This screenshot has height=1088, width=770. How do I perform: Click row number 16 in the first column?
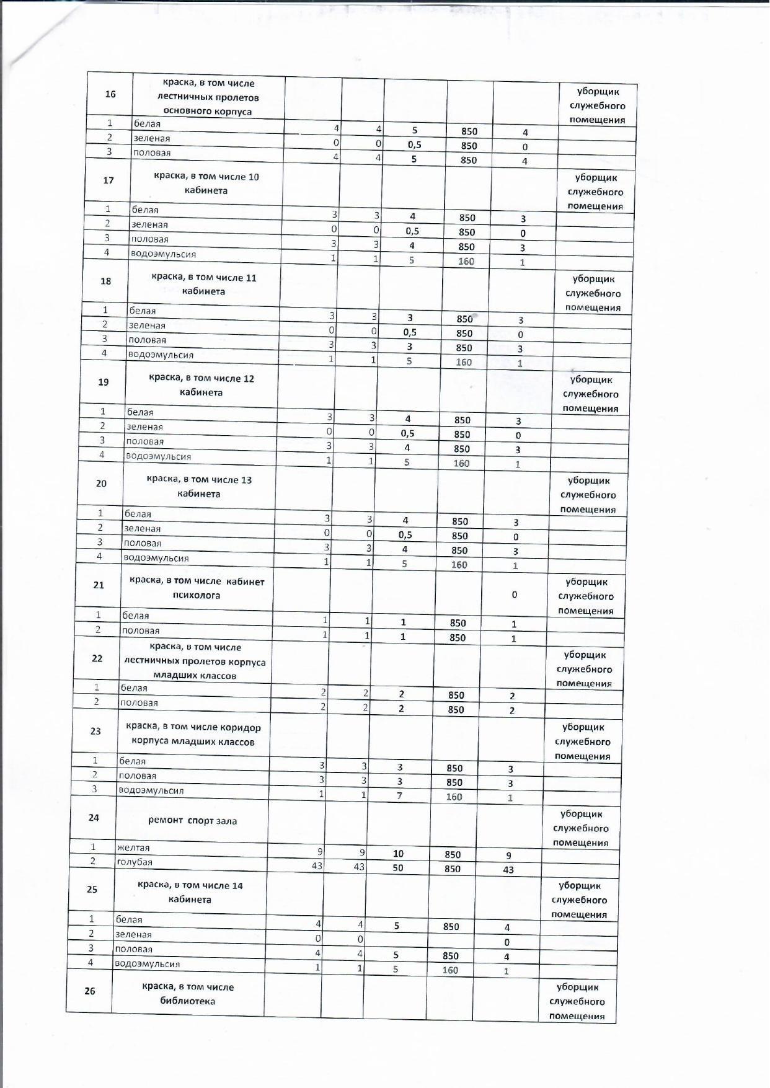(110, 94)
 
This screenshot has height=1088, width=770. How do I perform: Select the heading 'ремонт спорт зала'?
(193, 821)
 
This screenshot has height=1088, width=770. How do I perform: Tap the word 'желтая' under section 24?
(133, 847)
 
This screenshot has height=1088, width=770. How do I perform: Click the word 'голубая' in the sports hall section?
(135, 862)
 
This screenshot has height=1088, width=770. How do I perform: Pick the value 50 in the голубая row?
(398, 868)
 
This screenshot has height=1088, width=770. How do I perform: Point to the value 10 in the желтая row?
(399, 854)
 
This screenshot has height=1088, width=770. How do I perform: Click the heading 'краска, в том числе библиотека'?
(188, 994)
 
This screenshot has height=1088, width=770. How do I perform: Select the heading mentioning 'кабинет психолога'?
(197, 588)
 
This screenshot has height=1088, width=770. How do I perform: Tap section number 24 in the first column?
(94, 818)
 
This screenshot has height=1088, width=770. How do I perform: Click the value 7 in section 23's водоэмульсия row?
(400, 795)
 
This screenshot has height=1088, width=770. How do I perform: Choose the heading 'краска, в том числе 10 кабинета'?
(206, 184)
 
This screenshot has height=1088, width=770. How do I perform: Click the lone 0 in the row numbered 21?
(515, 595)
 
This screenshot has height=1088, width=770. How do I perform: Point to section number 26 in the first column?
(90, 991)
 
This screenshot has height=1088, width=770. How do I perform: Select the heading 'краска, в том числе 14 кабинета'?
(190, 892)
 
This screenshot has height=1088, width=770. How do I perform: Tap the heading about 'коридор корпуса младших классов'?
(193, 735)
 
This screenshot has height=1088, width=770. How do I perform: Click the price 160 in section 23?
(454, 797)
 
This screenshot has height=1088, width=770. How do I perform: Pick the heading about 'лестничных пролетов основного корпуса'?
(208, 97)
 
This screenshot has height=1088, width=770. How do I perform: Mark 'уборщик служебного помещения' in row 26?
(577, 1001)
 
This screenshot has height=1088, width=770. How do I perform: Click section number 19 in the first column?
(104, 382)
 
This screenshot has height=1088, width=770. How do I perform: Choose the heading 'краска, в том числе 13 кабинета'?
(199, 487)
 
